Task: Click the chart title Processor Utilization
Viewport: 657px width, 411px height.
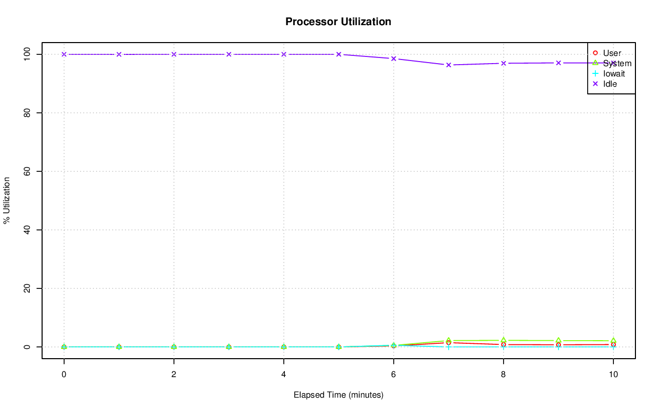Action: point(338,22)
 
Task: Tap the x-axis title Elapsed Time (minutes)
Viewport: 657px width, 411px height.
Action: point(338,395)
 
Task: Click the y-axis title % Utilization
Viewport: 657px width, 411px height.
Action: point(7,201)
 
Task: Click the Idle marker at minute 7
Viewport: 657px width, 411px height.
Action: point(449,65)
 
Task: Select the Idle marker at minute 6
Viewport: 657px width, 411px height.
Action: point(394,58)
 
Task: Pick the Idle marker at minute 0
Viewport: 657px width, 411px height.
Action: point(64,54)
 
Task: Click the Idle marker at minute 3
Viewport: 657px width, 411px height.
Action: point(229,54)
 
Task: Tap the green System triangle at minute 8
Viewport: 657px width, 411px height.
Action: point(504,340)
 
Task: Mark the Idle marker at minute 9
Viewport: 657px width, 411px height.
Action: point(558,63)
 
